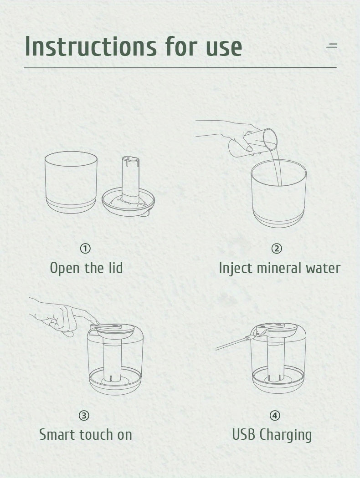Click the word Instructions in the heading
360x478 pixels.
91,46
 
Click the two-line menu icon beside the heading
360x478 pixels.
332,46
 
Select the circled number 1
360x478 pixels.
85,249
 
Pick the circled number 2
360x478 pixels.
277,249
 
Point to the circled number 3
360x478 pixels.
84,416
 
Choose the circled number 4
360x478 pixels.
275,416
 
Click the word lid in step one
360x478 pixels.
116,268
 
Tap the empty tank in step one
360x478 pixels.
71,182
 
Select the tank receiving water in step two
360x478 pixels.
278,193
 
